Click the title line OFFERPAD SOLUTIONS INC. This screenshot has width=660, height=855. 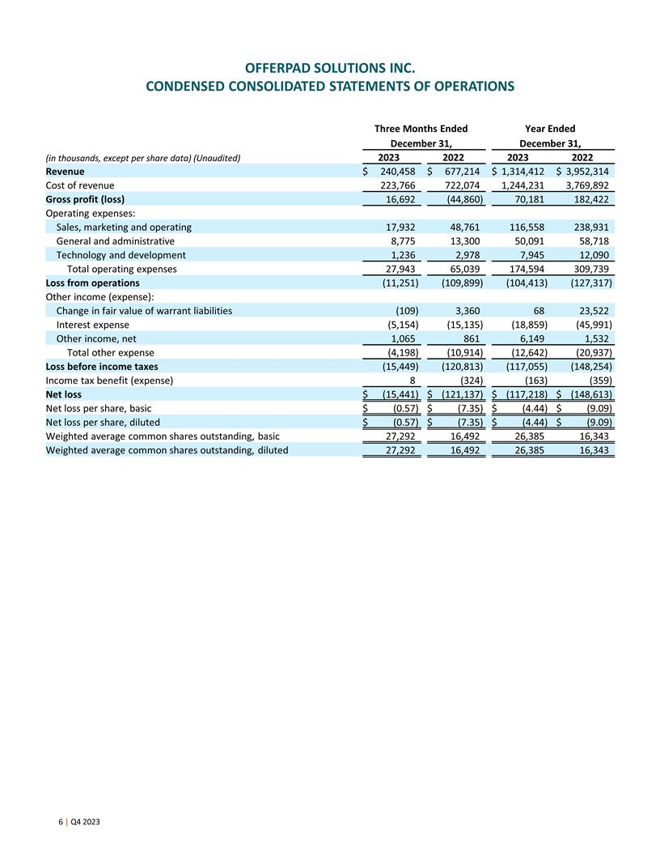pyautogui.click(x=330, y=66)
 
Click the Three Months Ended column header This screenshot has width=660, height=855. pyautogui.click(x=421, y=128)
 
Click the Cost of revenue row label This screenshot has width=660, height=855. pyautogui.click(x=80, y=185)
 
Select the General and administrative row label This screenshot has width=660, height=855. pyautogui.click(x=116, y=241)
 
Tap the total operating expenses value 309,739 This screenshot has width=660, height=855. pyautogui.click(x=590, y=269)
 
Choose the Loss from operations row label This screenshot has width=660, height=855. pyautogui.click(x=93, y=283)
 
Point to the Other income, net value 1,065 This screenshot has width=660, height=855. pyautogui.click(x=404, y=338)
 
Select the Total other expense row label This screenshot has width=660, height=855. pyautogui.click(x=111, y=352)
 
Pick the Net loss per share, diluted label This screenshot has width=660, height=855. pyautogui.click(x=103, y=422)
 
